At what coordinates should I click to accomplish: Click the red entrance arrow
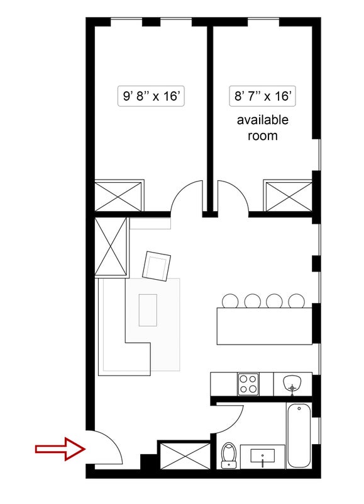[x=60, y=449]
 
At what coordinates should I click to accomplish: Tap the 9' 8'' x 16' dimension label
[x=151, y=96]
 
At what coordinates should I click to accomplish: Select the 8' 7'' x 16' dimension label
[x=262, y=96]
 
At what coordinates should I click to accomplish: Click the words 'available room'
[x=262, y=128]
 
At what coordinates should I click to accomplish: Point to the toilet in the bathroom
[x=229, y=455]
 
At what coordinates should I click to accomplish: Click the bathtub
[x=299, y=435]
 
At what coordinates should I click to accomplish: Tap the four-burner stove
[x=248, y=384]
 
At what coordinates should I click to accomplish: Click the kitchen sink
[x=292, y=383]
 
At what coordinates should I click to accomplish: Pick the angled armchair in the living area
[x=157, y=266]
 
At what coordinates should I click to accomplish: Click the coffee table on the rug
[x=148, y=310]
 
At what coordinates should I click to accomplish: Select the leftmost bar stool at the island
[x=230, y=301]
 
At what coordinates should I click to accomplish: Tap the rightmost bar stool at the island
[x=296, y=301]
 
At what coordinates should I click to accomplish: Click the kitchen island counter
[x=264, y=326]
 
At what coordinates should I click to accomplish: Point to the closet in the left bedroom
[x=119, y=196]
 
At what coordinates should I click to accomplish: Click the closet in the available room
[x=288, y=196]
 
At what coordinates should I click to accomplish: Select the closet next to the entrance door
[x=184, y=455]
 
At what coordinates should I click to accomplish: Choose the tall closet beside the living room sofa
[x=111, y=246]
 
